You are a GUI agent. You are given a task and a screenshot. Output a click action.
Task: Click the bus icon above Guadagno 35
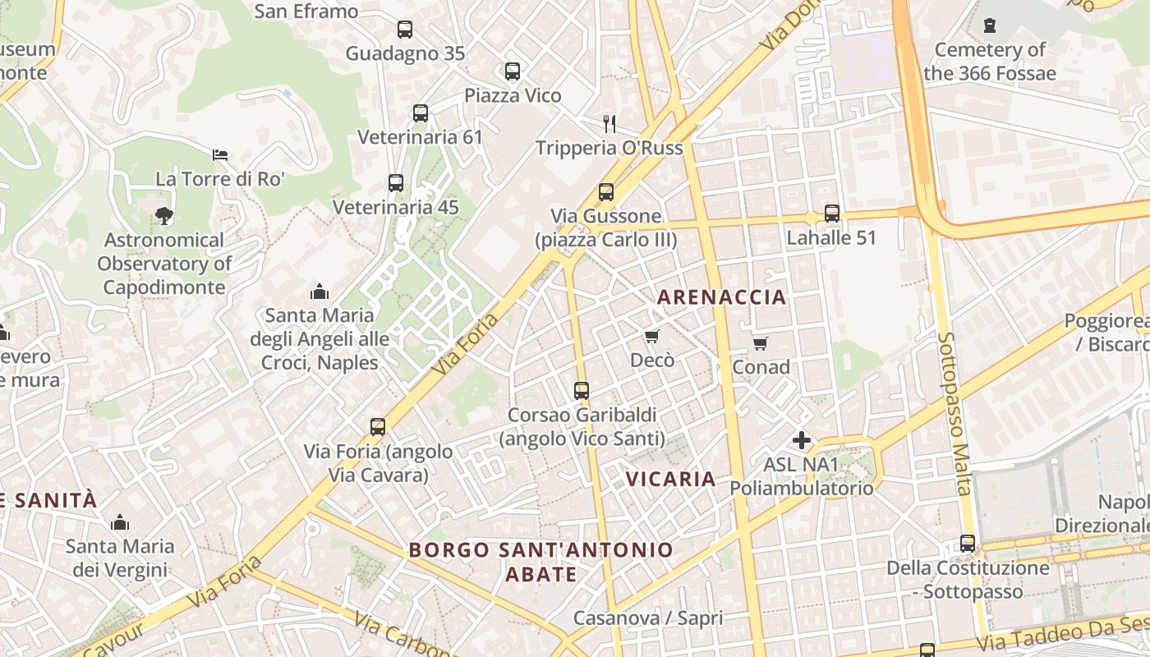[405, 30]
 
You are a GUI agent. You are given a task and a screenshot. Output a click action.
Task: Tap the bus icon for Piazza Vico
[513, 71]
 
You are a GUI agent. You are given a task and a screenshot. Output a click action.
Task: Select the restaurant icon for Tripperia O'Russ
[609, 124]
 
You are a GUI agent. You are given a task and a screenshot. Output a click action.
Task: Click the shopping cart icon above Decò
[652, 336]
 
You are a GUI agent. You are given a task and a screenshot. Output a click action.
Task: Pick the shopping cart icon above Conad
[761, 343]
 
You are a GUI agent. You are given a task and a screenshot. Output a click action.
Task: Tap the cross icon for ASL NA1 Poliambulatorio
[802, 441]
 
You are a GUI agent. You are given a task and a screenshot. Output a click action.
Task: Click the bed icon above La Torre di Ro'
[220, 154]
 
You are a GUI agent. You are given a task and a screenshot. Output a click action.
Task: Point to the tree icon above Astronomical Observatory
[164, 216]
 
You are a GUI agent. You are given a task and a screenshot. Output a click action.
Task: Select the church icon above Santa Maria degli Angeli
[320, 291]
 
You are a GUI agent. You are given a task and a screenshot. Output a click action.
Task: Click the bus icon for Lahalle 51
[832, 214]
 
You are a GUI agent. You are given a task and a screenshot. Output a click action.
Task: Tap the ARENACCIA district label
[722, 297]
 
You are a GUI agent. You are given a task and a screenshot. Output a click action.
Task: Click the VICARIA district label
[671, 479]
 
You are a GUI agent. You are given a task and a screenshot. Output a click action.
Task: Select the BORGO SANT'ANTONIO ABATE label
[541, 561]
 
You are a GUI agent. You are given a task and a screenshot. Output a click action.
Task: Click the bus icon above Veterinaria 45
[396, 183]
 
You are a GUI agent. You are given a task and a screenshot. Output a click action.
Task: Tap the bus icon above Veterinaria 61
[421, 113]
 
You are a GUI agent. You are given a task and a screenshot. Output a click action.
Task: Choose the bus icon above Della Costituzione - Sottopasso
[968, 544]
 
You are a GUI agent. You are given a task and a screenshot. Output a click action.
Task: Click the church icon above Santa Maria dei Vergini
[120, 522]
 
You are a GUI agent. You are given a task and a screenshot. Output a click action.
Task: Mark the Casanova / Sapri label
[648, 618]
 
